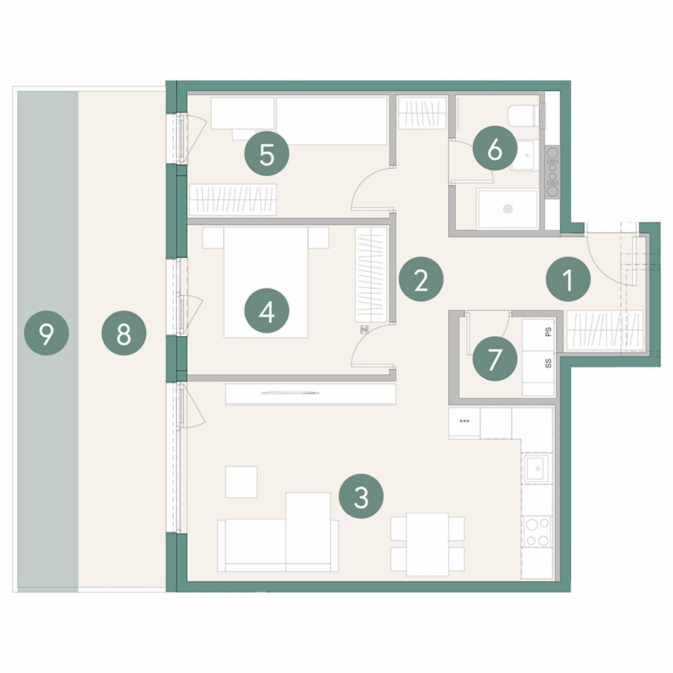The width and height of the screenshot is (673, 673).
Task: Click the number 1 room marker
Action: pos(568,279)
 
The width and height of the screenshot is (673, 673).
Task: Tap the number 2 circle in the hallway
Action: pos(421,279)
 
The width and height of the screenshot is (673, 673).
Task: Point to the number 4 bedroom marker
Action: pos(267,311)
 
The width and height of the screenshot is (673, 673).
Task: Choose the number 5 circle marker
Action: pos(267,153)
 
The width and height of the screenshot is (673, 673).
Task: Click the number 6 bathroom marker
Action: pos(495,149)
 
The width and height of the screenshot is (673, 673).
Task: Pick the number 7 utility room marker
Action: pos(495,359)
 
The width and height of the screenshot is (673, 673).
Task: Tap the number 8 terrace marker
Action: pos(123,333)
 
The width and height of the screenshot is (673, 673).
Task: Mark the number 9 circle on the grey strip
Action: pos(46,333)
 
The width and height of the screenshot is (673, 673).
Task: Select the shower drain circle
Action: pos(508,210)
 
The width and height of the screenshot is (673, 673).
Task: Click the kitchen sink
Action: pos(537,469)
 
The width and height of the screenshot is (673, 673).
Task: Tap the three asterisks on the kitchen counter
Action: pos(464,421)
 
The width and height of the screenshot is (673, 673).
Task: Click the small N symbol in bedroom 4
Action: pos(365,329)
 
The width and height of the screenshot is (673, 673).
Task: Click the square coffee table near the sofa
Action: pos(241,482)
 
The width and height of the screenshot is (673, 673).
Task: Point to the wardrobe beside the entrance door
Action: pos(605,331)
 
